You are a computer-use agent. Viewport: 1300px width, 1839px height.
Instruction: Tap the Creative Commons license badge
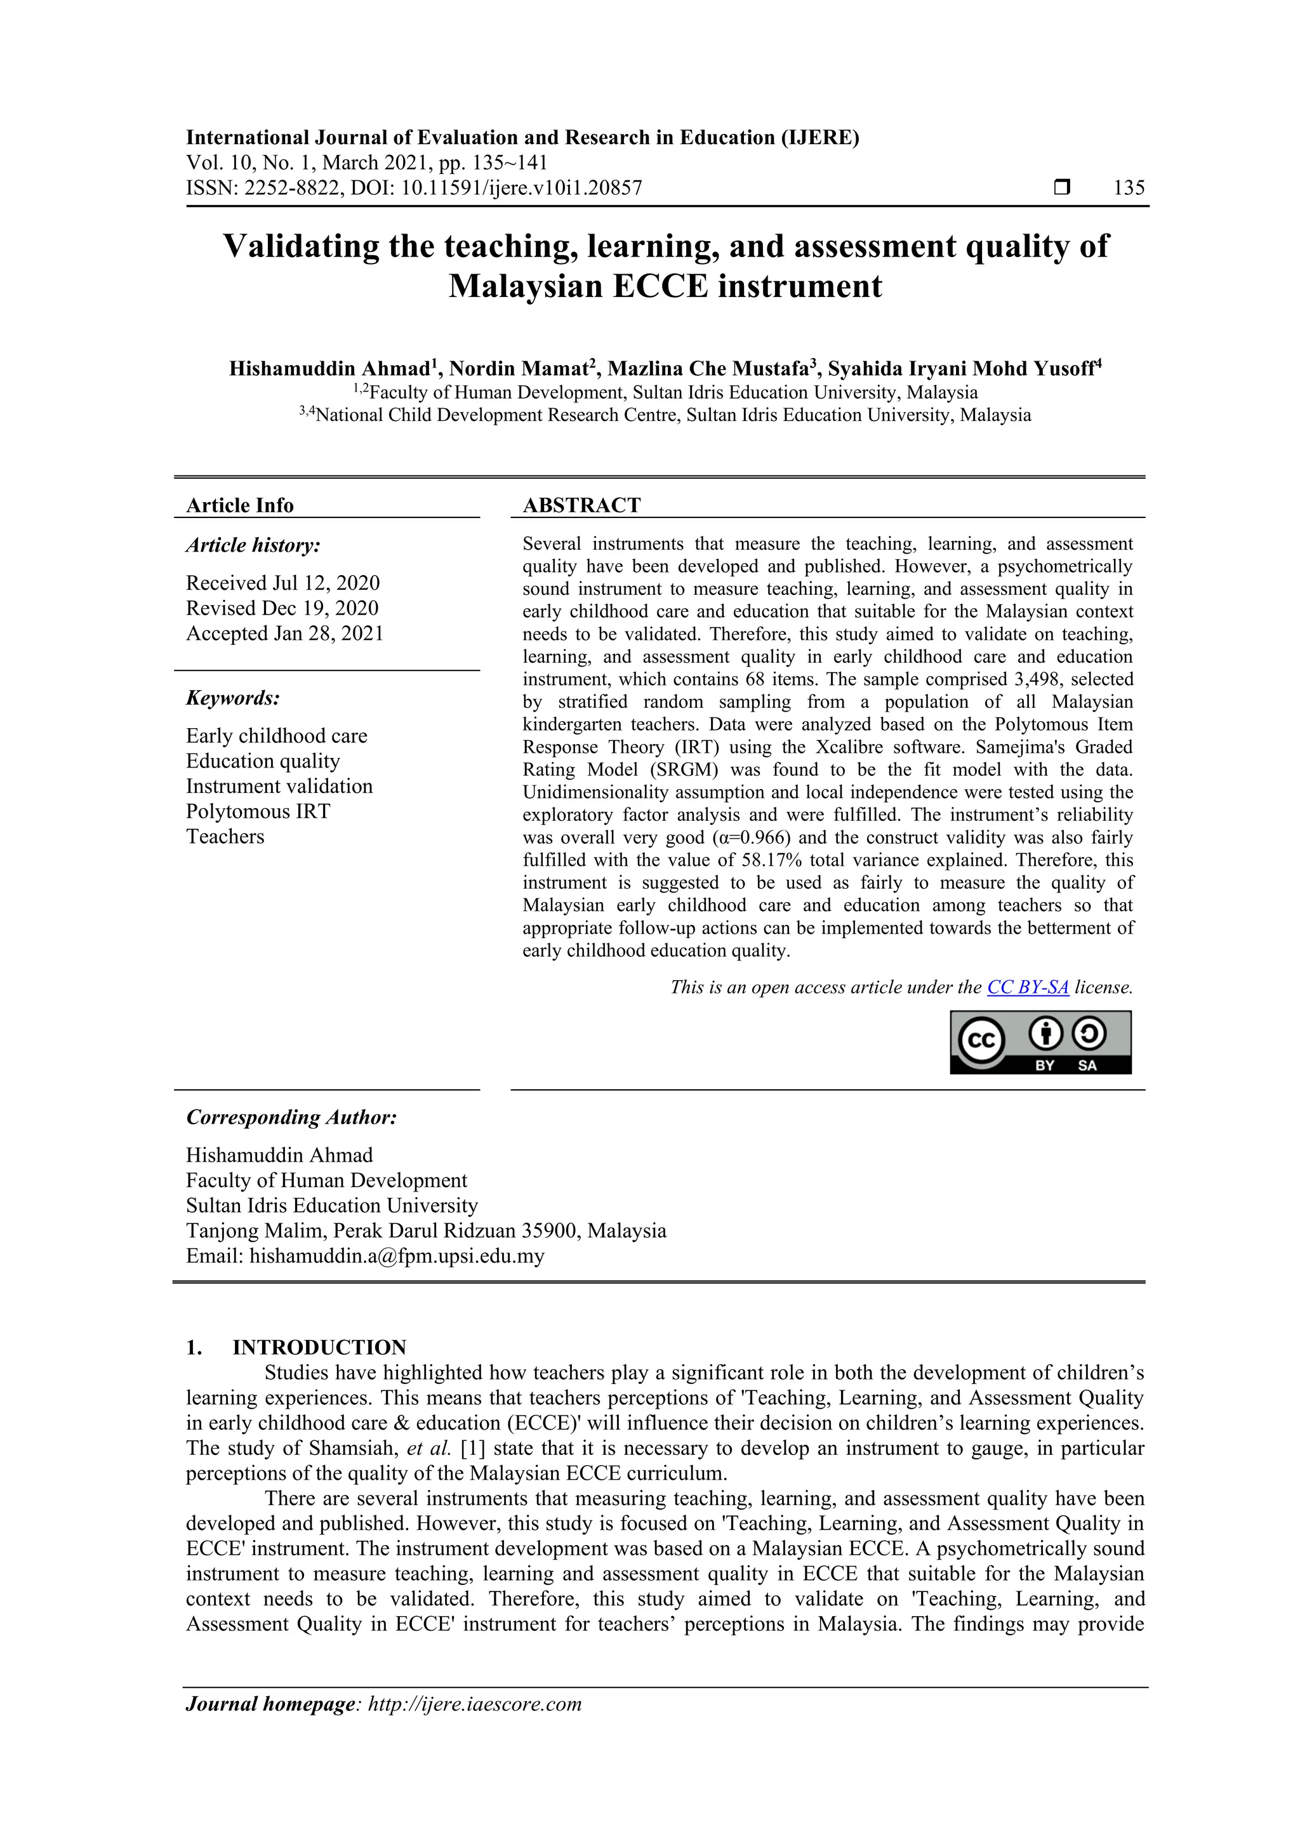click(1040, 1042)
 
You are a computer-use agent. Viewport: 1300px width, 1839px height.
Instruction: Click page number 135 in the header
click(1129, 187)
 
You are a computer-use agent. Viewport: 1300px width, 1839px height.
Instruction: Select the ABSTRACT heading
click(581, 505)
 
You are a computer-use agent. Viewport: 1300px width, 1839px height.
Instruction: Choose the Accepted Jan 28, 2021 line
click(284, 633)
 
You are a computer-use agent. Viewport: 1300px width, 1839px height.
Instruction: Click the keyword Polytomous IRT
click(258, 811)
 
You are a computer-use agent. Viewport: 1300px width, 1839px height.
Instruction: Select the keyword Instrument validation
click(279, 786)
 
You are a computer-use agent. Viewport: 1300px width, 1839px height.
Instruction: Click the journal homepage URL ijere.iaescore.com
click(474, 1704)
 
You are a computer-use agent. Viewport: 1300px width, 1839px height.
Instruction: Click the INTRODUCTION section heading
click(319, 1347)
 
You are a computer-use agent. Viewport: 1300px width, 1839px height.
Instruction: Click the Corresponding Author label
click(291, 1117)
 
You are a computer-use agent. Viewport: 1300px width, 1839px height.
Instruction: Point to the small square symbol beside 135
click(1062, 187)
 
